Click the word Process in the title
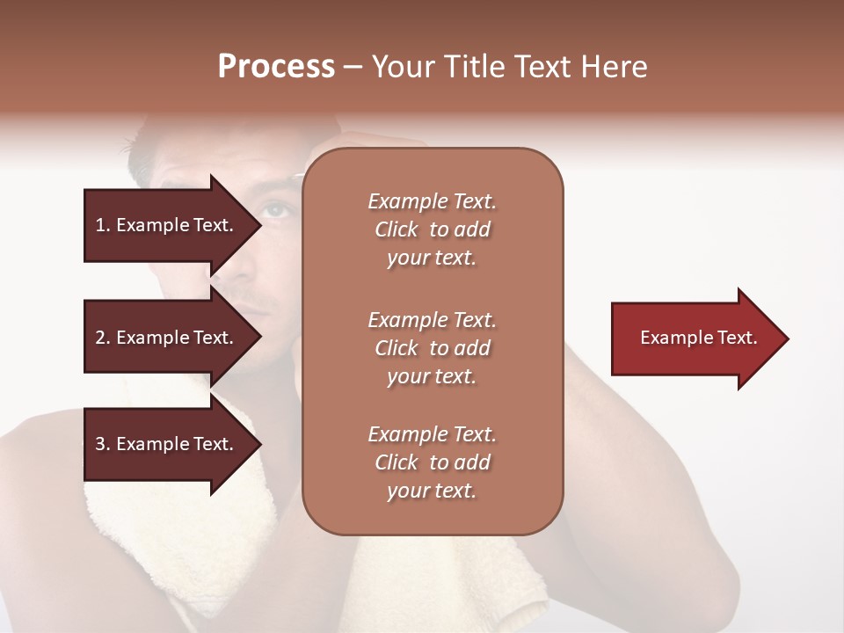coord(276,67)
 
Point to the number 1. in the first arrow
coord(103,225)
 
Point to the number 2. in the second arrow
coord(103,338)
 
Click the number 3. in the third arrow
coord(103,444)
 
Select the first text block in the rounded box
coord(432,229)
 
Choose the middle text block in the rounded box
coord(432,348)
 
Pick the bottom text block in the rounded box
coord(432,462)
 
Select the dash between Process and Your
coord(353,68)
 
